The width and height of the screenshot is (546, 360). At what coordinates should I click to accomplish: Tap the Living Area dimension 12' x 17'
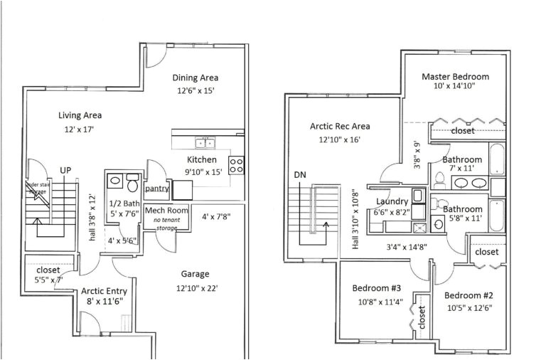pyautogui.click(x=79, y=129)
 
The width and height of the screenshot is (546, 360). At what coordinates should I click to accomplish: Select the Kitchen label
pyautogui.click(x=202, y=159)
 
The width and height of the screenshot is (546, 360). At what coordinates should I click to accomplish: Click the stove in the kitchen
pyautogui.click(x=237, y=165)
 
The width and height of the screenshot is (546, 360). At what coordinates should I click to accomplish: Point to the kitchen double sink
pyautogui.click(x=205, y=142)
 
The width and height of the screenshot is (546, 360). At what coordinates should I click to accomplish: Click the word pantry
pyautogui.click(x=156, y=189)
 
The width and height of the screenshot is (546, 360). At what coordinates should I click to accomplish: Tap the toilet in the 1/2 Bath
pyautogui.click(x=132, y=184)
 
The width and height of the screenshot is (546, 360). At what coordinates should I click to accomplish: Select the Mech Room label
pyautogui.click(x=166, y=211)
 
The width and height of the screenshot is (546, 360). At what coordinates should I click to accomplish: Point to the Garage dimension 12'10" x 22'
pyautogui.click(x=195, y=287)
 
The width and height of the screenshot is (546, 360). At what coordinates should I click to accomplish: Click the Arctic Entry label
pyautogui.click(x=105, y=290)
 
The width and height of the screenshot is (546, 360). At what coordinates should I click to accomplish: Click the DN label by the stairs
pyautogui.click(x=299, y=174)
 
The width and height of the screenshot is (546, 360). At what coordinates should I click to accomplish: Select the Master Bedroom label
pyautogui.click(x=455, y=77)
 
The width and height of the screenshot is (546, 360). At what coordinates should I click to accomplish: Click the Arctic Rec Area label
pyautogui.click(x=340, y=127)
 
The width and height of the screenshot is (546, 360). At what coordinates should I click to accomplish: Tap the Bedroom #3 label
pyautogui.click(x=377, y=288)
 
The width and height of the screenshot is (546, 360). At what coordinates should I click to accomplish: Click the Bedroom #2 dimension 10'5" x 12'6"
pyautogui.click(x=470, y=308)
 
